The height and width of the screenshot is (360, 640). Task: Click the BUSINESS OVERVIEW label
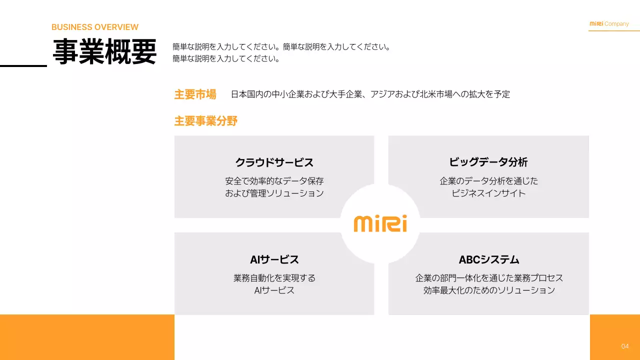click(95, 27)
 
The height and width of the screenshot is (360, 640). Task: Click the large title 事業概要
click(104, 52)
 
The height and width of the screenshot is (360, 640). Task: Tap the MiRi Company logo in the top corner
click(609, 24)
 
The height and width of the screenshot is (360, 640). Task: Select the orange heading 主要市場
click(195, 94)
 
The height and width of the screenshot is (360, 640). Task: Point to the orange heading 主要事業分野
click(205, 120)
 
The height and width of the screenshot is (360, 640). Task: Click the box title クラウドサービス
click(274, 162)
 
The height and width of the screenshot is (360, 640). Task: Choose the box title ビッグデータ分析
click(488, 162)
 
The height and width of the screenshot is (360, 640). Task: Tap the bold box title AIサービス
click(274, 259)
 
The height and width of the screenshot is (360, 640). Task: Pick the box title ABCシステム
click(488, 259)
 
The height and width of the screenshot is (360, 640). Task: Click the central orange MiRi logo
click(380, 223)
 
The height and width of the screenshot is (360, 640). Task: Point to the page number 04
click(625, 346)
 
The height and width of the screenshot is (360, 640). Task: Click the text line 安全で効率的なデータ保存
click(274, 181)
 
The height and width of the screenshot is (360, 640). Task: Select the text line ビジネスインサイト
click(488, 193)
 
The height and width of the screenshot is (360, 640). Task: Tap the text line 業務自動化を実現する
click(274, 278)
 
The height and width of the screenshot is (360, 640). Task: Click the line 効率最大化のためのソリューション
click(488, 290)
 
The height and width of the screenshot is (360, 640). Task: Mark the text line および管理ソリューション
click(274, 193)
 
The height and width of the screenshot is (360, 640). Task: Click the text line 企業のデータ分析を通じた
click(488, 181)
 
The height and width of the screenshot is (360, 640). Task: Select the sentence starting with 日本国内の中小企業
click(370, 94)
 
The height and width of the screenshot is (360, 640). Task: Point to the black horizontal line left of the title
click(23, 65)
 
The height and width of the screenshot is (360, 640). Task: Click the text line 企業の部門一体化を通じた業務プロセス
click(488, 278)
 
